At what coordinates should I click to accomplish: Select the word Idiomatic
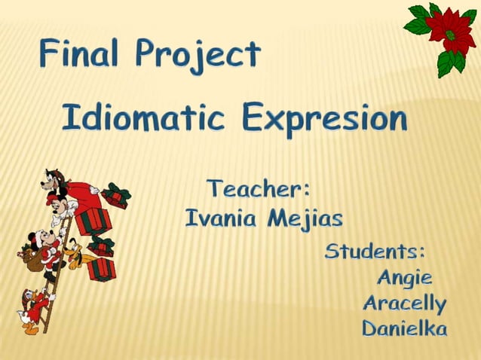(x=143, y=118)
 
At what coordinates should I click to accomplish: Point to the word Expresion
(x=325, y=119)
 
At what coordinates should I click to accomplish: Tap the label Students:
(x=375, y=252)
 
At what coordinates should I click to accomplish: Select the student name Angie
(x=405, y=278)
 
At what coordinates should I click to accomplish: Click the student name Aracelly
(x=404, y=303)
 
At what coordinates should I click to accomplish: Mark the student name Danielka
(x=404, y=328)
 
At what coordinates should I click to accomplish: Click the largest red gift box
(x=93, y=220)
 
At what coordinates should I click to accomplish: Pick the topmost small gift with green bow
(x=115, y=195)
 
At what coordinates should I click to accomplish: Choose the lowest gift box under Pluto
(x=101, y=269)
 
